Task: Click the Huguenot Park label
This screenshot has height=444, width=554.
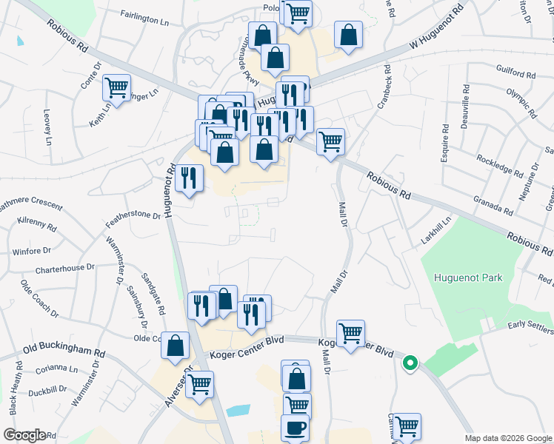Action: (x=468, y=278)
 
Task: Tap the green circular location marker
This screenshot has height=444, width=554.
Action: (x=410, y=363)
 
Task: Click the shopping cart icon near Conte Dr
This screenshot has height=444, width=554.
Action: (x=116, y=87)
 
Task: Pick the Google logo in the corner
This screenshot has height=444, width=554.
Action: (x=24, y=435)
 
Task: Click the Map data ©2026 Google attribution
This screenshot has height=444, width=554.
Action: (x=507, y=438)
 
